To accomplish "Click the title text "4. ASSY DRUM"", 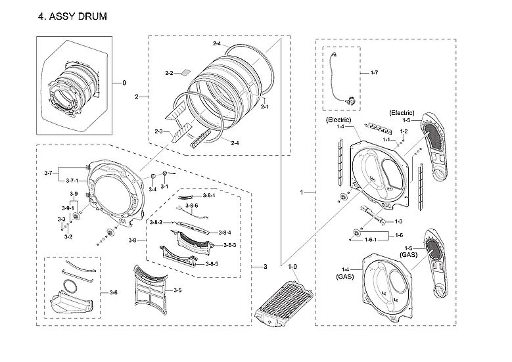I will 74,16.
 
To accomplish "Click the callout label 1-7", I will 374,72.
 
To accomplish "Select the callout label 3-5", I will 177,290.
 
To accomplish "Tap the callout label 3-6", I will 113,292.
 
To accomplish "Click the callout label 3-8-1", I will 210,196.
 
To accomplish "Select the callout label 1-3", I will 398,222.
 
